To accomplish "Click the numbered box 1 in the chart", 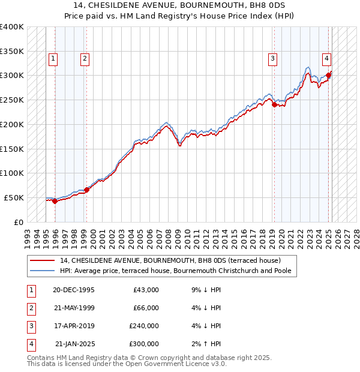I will coord(53,58).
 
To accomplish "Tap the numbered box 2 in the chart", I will coord(85,58).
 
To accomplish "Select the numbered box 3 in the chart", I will coord(272,58).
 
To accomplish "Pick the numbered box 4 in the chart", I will coord(326,58).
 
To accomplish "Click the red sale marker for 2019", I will coord(274,104).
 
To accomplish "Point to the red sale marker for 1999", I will coord(86,190).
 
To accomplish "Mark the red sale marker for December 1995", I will coord(55,201).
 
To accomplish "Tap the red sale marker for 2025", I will coord(329,75).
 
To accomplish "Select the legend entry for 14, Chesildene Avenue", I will coord(170,260).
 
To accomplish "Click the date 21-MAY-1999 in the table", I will coord(74,308).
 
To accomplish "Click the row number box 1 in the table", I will coord(31,290).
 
